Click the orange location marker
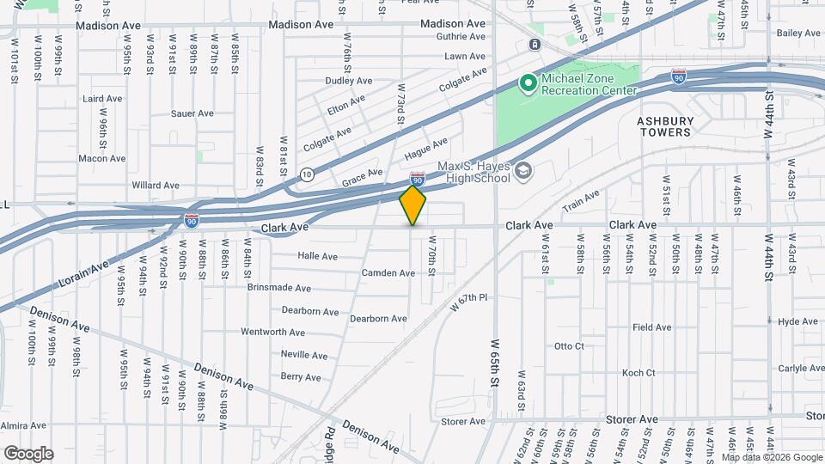pos(413,205)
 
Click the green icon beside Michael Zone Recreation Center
pos(528,83)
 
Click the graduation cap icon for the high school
pos(522,172)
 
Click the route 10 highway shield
pos(308,174)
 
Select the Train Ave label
pos(581,203)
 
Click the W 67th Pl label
pos(469,303)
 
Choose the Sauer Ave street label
pos(192,113)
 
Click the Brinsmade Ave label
pos(278,288)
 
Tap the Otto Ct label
pos(569,346)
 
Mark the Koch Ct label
pos(639,373)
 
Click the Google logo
pos(28,454)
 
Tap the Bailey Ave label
pos(798,34)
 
